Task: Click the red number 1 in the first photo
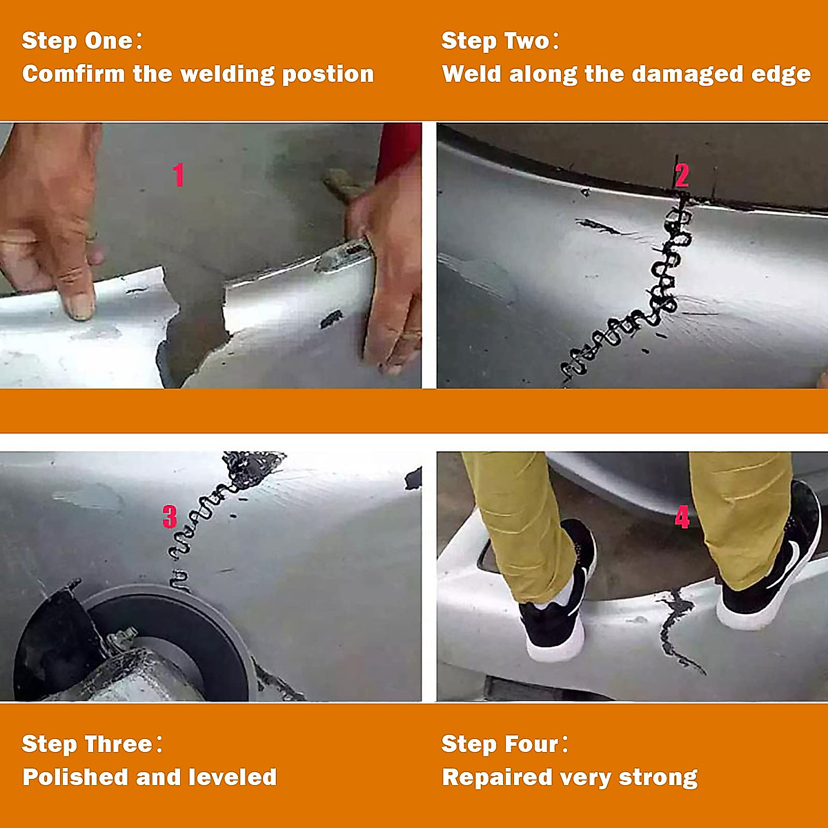tap(179, 175)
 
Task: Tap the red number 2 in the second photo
tap(682, 175)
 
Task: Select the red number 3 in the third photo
tap(170, 517)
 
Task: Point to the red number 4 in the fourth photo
tap(682, 517)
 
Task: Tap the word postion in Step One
tap(328, 75)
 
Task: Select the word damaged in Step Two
tap(687, 75)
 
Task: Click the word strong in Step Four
tap(658, 778)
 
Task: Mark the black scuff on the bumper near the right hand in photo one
tap(331, 319)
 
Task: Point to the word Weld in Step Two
tap(471, 74)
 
